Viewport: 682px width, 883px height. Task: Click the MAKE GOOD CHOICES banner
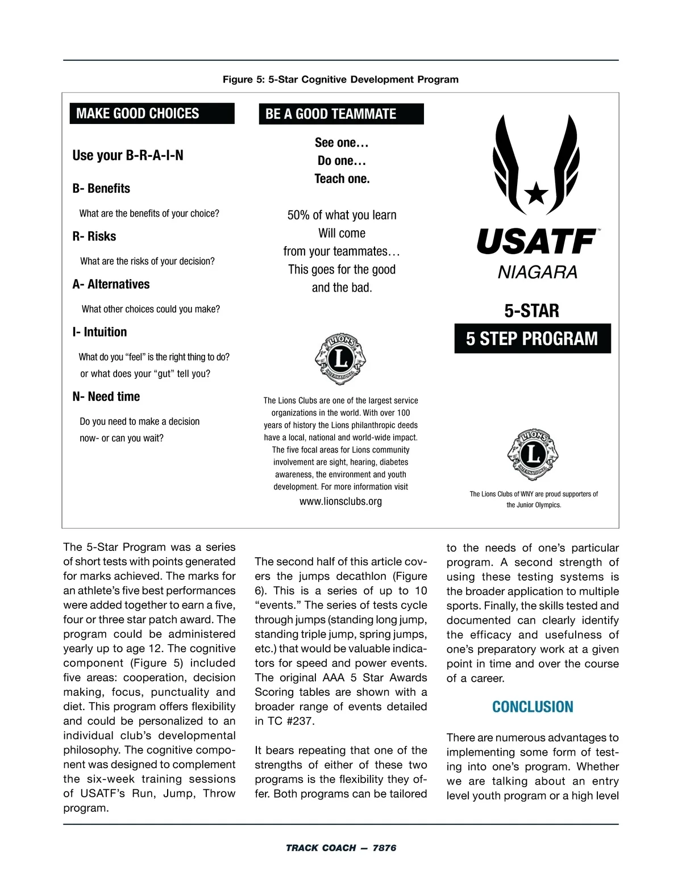coord(151,113)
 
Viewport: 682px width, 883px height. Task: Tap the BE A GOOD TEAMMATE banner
coord(341,114)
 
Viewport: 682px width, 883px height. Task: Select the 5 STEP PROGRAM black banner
coord(532,339)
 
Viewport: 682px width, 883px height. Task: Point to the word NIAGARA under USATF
coord(537,273)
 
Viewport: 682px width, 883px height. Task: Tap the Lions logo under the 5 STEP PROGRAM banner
coord(533,455)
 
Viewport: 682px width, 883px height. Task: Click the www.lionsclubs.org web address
coord(340,501)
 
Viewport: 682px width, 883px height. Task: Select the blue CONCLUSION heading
coord(533,707)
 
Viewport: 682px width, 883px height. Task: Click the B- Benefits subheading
coord(101,188)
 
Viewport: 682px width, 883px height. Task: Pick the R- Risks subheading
coord(94,236)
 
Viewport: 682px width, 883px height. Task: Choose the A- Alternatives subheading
coord(111,284)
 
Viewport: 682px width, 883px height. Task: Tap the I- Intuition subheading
coord(99,331)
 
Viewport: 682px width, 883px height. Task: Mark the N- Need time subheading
coord(106,396)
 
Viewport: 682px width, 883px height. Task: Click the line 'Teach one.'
coord(342,179)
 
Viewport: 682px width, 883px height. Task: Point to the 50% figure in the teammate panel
coord(298,215)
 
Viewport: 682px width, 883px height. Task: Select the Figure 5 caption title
coord(340,79)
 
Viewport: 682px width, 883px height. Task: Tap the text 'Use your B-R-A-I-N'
coord(128,155)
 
